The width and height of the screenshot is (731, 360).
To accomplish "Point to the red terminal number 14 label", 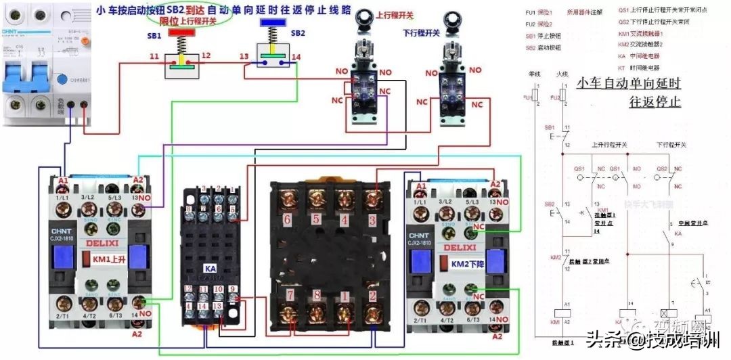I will (x=296, y=58).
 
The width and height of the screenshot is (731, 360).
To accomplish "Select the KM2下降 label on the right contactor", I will (x=465, y=264).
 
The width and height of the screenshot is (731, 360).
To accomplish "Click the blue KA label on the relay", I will (x=210, y=269).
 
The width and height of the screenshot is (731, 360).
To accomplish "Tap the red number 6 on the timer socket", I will (x=286, y=219).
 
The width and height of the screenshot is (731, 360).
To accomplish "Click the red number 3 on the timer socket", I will (x=372, y=219).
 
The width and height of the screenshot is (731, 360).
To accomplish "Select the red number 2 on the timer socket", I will (x=372, y=295).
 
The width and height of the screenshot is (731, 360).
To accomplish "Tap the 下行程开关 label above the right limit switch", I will (x=422, y=32).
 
